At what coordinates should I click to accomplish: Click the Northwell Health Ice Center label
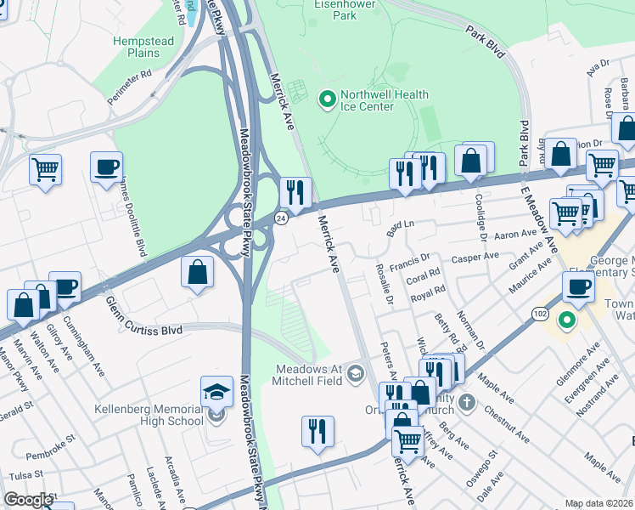(374, 100)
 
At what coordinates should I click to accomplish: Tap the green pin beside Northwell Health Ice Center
(326, 100)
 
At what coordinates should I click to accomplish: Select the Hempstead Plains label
(132, 47)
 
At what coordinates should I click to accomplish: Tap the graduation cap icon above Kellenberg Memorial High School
(216, 392)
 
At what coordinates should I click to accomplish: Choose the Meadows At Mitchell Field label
(309, 374)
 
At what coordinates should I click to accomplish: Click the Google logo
(28, 500)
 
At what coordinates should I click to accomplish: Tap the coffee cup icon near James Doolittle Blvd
(106, 167)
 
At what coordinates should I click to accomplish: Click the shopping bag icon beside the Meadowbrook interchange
(197, 272)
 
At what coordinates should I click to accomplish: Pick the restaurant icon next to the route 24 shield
(295, 192)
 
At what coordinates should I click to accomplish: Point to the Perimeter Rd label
(129, 87)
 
